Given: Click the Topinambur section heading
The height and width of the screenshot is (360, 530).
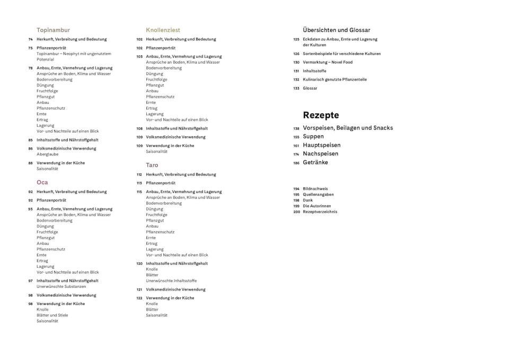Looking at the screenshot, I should click(53, 30).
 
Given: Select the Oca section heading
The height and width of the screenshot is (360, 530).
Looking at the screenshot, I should click(42, 182).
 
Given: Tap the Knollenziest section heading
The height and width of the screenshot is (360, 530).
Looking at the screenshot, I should click(163, 30).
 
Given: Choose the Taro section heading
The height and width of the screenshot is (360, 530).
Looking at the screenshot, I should click(152, 165).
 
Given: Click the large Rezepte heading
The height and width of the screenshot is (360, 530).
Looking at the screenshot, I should click(321, 115).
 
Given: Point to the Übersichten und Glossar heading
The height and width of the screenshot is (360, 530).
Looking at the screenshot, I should click(337, 30).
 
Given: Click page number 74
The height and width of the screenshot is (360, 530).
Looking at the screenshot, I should click(31, 39).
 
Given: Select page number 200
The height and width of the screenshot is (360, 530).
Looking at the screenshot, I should click(297, 212).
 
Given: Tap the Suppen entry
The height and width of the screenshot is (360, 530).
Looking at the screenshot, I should click(313, 137).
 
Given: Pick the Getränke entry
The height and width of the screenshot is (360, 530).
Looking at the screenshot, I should click(315, 163).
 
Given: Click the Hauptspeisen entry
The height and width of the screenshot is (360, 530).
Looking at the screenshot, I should click(322, 145).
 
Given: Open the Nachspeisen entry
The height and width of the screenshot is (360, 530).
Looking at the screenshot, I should click(321, 154).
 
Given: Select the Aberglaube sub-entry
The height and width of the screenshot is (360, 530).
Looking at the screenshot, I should click(48, 154).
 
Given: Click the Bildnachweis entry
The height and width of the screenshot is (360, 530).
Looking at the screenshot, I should click(315, 189).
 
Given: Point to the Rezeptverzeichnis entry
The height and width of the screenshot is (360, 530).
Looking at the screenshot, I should click(320, 212).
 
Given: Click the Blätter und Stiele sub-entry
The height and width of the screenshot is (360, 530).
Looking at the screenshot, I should click(52, 315).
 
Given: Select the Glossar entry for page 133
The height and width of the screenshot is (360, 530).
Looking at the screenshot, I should click(310, 89).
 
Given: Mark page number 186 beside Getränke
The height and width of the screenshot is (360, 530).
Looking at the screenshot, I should click(296, 163).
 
